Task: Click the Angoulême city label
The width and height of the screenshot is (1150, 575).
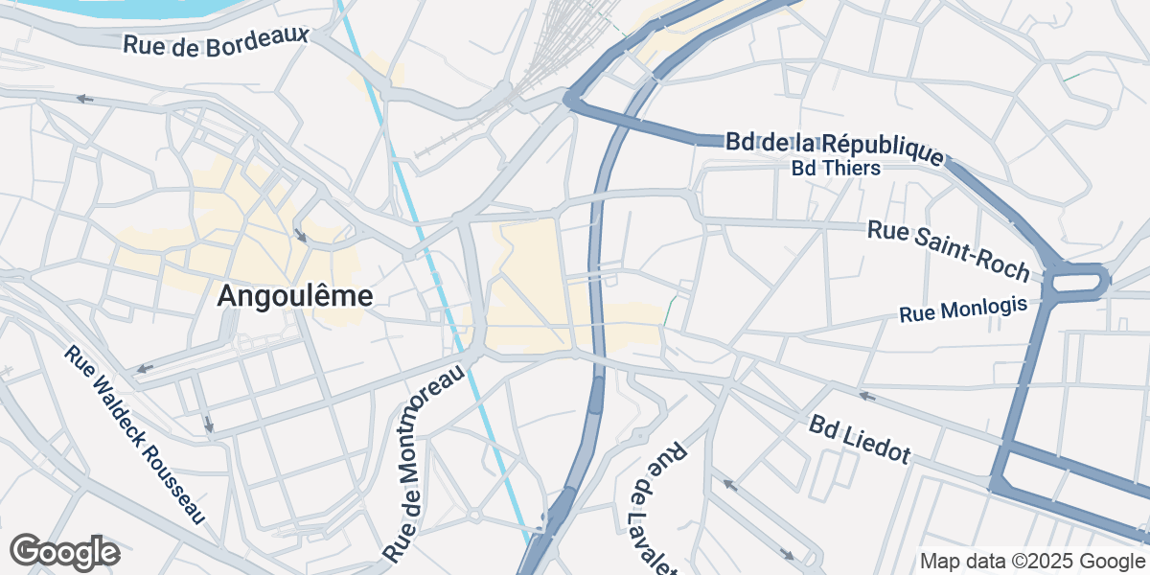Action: point(294,296)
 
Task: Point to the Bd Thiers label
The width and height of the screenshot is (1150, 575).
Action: point(836,168)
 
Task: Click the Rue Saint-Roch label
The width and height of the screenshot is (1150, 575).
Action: point(948,247)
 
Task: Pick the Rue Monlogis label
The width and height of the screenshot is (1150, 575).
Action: point(962,310)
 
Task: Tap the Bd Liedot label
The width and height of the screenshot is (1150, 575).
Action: point(859,439)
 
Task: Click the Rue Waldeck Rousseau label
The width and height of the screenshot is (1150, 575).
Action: point(135,435)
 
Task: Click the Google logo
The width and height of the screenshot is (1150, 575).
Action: point(64,553)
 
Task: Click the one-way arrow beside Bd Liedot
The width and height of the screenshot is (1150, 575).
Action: point(866,395)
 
